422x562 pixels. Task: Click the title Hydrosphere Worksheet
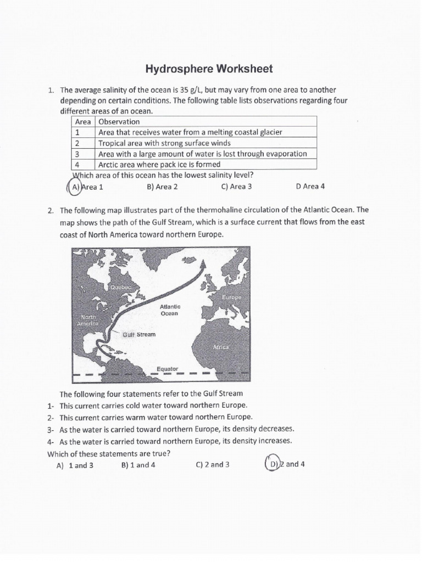(x=209, y=69)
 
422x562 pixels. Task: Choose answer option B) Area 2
(x=162, y=187)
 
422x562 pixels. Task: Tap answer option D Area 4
(x=310, y=187)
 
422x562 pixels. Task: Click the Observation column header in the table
(x=119, y=121)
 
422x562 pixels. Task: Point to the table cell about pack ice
(x=159, y=164)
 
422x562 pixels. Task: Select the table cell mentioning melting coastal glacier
(x=190, y=132)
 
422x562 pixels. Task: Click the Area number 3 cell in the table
(x=78, y=154)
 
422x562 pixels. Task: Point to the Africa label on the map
(x=221, y=348)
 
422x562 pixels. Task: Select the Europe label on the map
(x=231, y=297)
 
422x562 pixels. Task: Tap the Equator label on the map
(x=167, y=369)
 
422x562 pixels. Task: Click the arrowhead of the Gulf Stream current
(x=204, y=265)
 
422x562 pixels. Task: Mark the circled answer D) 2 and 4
(x=285, y=464)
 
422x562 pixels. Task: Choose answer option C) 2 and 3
(x=212, y=465)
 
